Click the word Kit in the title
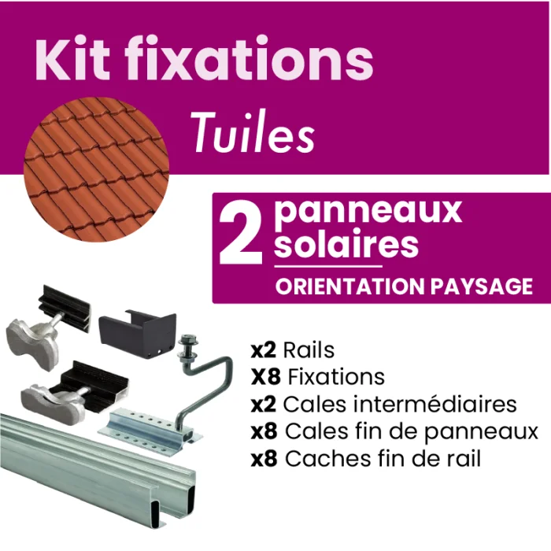[72, 58]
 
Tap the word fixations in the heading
[249, 58]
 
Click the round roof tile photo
[96, 169]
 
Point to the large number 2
[241, 232]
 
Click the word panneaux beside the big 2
[368, 212]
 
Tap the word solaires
[346, 242]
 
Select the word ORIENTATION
[350, 286]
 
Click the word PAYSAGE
[482, 286]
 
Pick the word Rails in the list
[309, 350]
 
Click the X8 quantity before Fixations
[266, 377]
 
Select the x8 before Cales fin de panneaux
[264, 431]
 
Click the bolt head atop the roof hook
[188, 340]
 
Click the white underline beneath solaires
[328, 266]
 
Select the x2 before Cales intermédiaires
[264, 404]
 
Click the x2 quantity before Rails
[264, 350]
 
